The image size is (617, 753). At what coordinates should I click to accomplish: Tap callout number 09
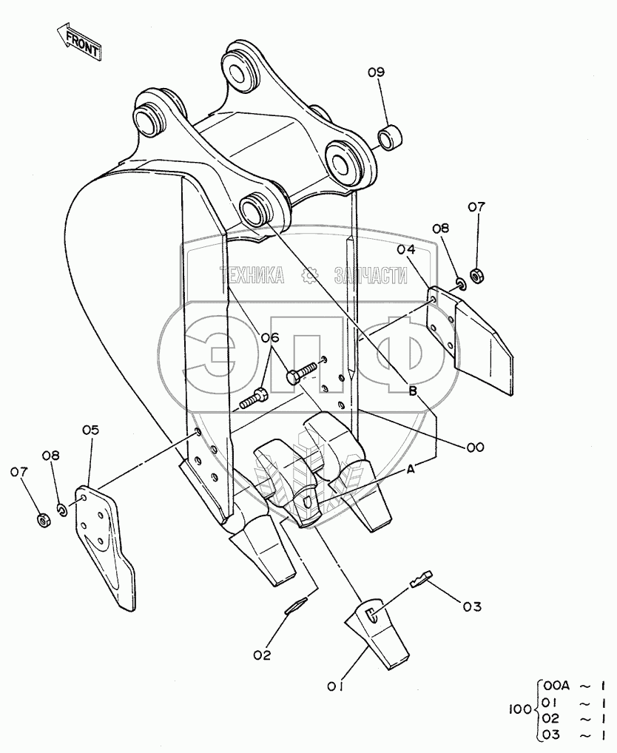377,72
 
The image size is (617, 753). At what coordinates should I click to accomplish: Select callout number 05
90,430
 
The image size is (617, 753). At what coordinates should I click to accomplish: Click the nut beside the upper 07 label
477,274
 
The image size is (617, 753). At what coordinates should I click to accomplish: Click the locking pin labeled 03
420,577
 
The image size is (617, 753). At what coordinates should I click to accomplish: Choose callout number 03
471,607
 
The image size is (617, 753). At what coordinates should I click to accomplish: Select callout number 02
262,654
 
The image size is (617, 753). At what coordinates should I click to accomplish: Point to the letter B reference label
414,391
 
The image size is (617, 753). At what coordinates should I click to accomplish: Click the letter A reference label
411,469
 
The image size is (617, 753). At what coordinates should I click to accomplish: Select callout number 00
474,447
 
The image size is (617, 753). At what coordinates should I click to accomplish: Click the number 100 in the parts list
520,710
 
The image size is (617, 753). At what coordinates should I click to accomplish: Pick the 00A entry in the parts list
556,685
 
